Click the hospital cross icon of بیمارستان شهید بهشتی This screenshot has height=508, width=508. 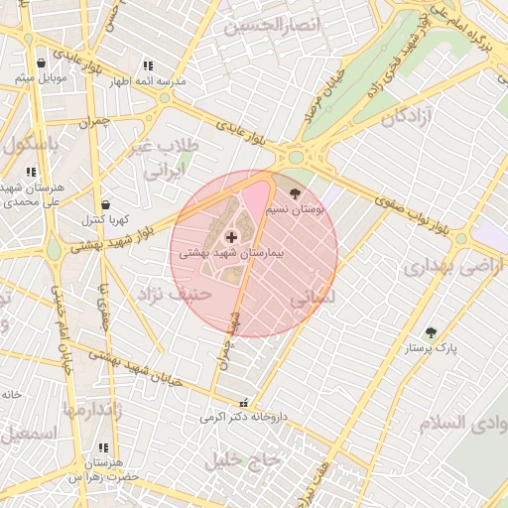(232, 237)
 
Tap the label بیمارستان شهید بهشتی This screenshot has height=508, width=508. (231, 254)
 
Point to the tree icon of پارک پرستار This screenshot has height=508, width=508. (430, 333)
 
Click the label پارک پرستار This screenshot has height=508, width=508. (429, 349)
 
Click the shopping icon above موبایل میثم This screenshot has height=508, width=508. (41, 62)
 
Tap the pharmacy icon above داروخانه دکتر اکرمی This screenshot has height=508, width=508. (243, 403)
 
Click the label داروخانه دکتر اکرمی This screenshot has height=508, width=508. (243, 418)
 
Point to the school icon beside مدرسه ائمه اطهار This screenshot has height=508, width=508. (148, 65)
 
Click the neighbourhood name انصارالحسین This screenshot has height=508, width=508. (272, 25)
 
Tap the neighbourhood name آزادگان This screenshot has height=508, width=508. (401, 118)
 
